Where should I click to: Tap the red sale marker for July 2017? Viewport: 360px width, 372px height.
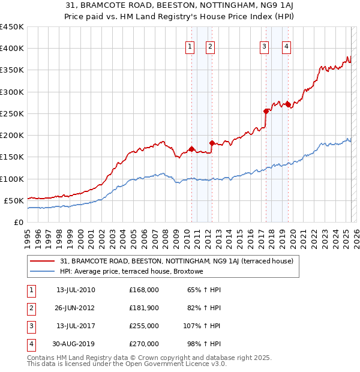[x=266, y=111]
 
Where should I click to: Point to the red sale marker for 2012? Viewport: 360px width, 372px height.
[x=212, y=143]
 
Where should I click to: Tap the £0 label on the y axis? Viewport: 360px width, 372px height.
[x=18, y=222]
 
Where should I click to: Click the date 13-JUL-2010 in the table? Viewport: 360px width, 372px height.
[x=76, y=290]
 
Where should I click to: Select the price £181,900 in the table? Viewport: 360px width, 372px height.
[x=144, y=308]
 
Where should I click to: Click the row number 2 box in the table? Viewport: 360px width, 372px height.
[x=31, y=308]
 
